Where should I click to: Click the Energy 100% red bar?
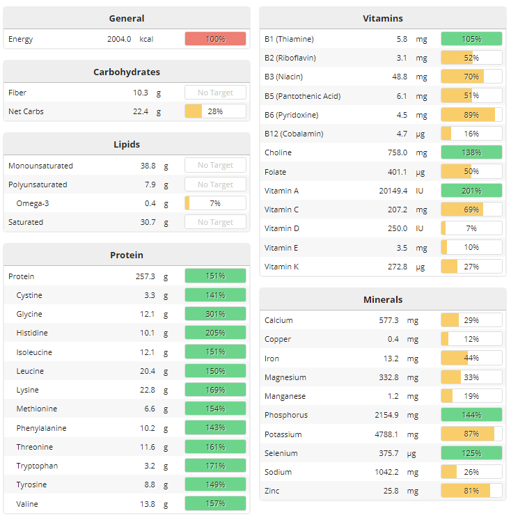pos(215,39)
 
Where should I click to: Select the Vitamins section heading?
pos(383,18)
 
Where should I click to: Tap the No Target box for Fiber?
pos(215,93)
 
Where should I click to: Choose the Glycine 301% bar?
pos(215,314)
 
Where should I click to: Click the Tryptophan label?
pos(37,466)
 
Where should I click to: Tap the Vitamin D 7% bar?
pos(471,228)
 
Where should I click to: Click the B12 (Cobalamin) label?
pos(294,134)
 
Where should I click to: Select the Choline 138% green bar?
pos(471,152)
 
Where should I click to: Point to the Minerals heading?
pos(383,299)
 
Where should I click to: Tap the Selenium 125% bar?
pos(471,453)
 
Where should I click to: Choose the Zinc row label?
pos(272,491)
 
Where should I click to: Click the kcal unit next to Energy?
pos(146,39)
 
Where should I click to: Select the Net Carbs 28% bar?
pos(215,111)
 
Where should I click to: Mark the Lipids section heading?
pos(127,144)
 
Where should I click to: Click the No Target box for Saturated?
pos(215,222)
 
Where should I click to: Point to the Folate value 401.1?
pos(395,172)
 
